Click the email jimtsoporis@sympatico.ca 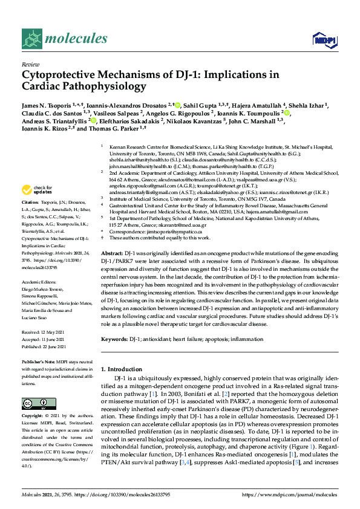click(x=175, y=232)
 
